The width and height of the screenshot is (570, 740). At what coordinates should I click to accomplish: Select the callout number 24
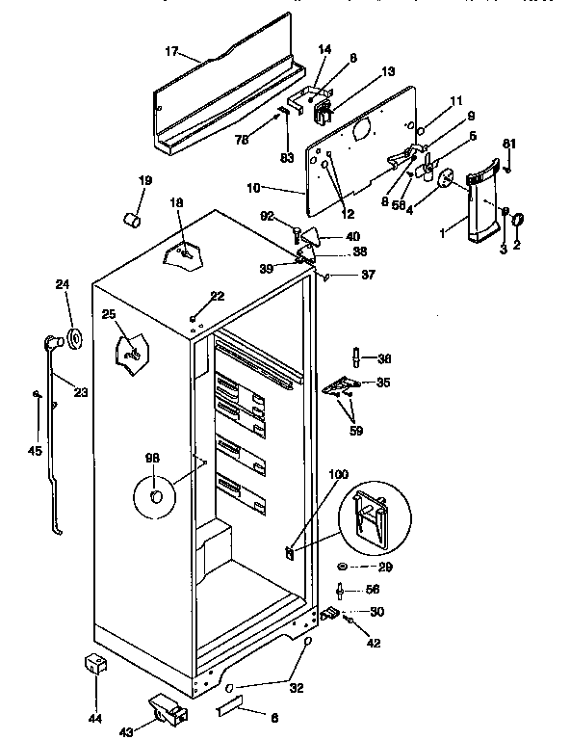[x=63, y=284]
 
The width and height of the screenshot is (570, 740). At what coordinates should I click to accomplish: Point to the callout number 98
[x=152, y=458]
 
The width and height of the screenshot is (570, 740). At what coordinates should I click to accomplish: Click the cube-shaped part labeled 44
[x=94, y=664]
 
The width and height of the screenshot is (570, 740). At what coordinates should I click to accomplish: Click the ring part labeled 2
[x=517, y=221]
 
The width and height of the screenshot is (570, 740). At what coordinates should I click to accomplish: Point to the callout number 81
[x=509, y=145]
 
